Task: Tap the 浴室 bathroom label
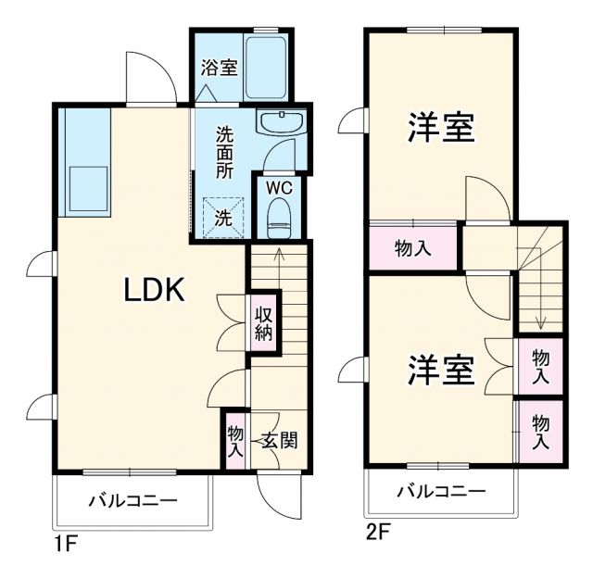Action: coord(219,68)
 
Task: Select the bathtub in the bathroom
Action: coord(267,67)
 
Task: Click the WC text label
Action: coord(279,186)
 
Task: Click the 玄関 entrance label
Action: coord(278,440)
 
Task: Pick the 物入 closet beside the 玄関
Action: coord(235,441)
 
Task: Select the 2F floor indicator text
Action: coord(378,533)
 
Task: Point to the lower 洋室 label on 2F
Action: coord(442,370)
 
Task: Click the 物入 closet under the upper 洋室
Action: coord(413,247)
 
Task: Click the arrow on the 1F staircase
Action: coord(278,269)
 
